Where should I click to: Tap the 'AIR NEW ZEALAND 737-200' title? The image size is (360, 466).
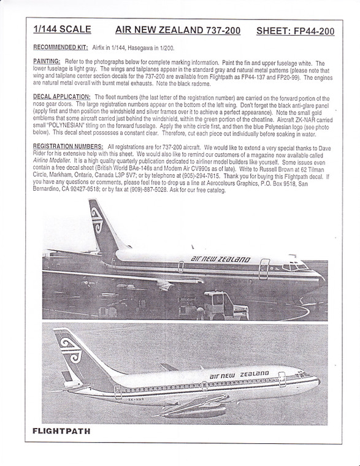coord(178,29)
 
